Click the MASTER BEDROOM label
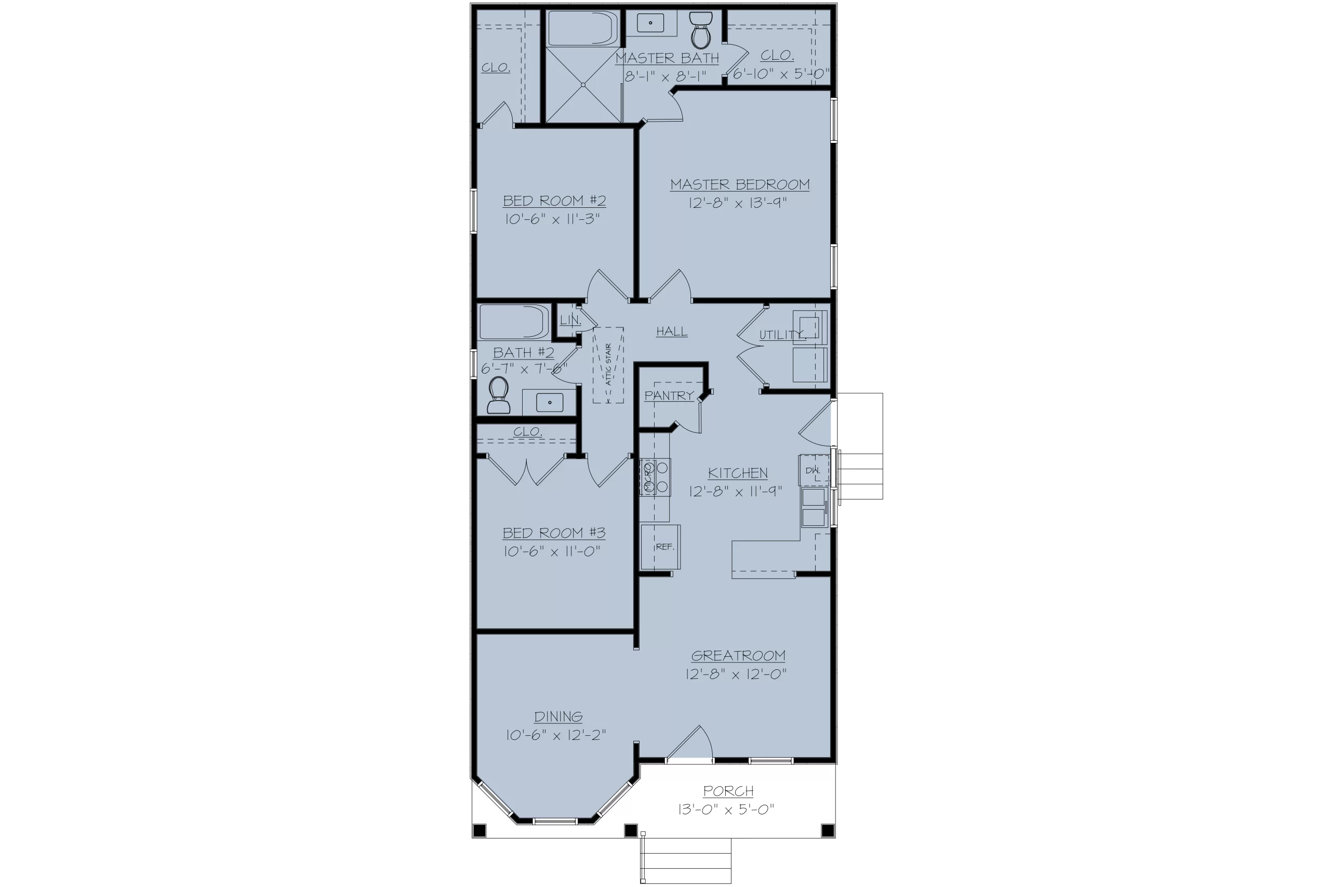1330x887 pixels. click(740, 185)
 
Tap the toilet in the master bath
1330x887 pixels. click(701, 31)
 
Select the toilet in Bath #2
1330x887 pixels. click(498, 395)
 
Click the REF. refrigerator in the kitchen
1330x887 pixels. click(660, 547)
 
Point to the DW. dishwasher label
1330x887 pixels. click(812, 471)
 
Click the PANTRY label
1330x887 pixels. click(669, 395)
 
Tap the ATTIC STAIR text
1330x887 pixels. click(608, 364)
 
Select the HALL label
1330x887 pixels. click(672, 332)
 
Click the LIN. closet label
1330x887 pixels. click(570, 320)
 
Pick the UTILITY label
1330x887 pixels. click(782, 335)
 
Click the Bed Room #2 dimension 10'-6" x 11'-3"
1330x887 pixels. click(552, 219)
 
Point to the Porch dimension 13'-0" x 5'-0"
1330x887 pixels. click(726, 810)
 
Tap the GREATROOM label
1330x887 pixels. click(738, 656)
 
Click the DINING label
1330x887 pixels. click(558, 717)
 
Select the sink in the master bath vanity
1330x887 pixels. click(650, 23)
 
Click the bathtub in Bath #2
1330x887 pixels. click(514, 323)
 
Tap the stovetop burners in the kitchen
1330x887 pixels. click(655, 477)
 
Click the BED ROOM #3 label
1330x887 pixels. click(554, 533)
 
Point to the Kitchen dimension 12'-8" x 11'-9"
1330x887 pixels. click(736, 491)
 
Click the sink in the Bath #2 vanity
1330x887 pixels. click(549, 402)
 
